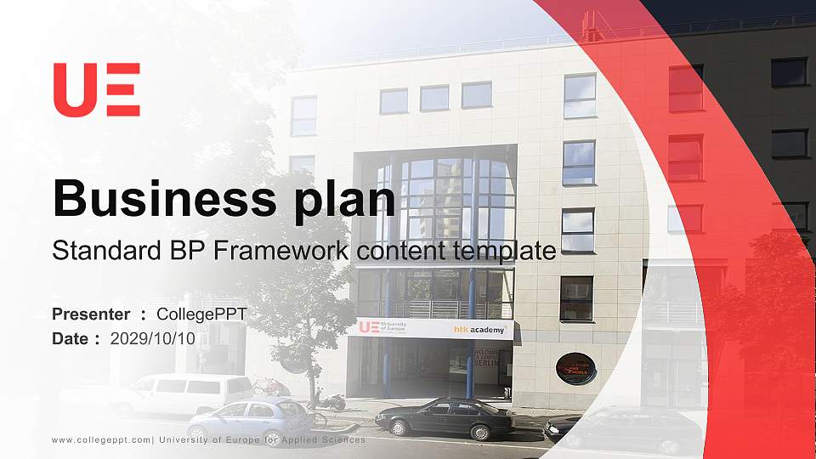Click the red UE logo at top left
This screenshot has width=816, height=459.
coord(96,89)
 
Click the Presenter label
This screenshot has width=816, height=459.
coord(91,314)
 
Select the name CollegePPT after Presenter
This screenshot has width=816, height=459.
coord(201,314)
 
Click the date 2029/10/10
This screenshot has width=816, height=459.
coord(153,338)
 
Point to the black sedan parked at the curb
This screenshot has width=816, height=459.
coord(444,416)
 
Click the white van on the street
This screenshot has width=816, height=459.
coord(182,393)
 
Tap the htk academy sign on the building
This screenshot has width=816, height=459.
coord(479,329)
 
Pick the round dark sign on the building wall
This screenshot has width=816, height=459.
coord(575,368)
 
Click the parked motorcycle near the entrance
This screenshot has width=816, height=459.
coord(330,400)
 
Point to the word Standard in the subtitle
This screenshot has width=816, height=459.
coord(95,251)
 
